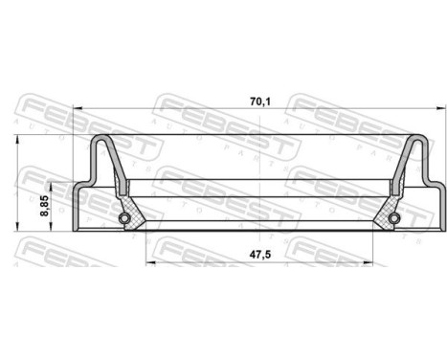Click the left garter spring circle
click(x=124, y=221)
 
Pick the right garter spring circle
click(x=391, y=221)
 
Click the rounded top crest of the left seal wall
click(x=100, y=139)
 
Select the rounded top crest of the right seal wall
click(x=415, y=139)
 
